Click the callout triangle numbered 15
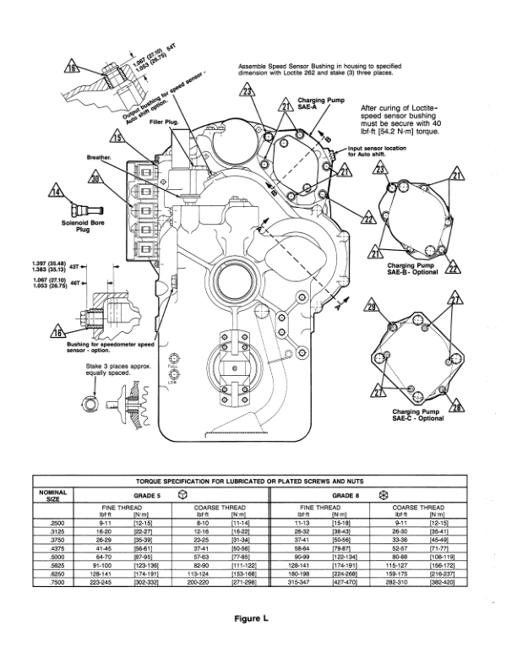pos(116,134)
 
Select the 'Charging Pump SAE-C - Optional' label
pos(417,414)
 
